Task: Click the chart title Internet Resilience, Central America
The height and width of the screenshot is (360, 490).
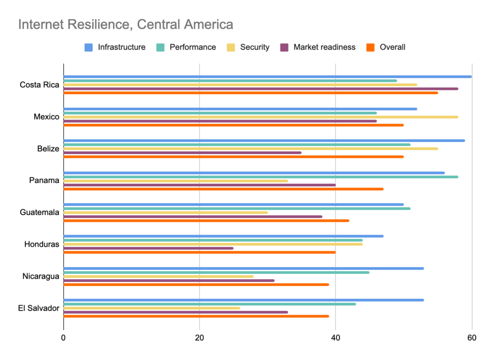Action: pyautogui.click(x=125, y=24)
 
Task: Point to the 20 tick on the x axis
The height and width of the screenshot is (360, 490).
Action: pyautogui.click(x=200, y=338)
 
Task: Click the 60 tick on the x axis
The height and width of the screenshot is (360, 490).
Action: pyautogui.click(x=472, y=338)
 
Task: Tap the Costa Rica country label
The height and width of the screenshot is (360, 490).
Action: pyautogui.click(x=40, y=85)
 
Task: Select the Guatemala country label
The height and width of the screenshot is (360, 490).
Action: pyautogui.click(x=40, y=212)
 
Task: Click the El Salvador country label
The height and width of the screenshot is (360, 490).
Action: pyautogui.click(x=39, y=308)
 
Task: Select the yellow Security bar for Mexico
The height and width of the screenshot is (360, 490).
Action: pyautogui.click(x=260, y=117)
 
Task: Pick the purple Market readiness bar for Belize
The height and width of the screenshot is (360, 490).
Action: pyautogui.click(x=182, y=153)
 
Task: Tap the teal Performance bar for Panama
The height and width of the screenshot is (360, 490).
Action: pyautogui.click(x=260, y=177)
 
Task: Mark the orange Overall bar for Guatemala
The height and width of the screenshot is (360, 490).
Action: pyautogui.click(x=206, y=220)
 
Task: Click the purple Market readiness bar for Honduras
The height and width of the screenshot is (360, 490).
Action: pyautogui.click(x=148, y=248)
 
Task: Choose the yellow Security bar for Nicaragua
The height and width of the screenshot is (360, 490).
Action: pyautogui.click(x=158, y=276)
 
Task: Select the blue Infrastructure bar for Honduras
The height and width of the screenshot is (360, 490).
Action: pyautogui.click(x=223, y=236)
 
